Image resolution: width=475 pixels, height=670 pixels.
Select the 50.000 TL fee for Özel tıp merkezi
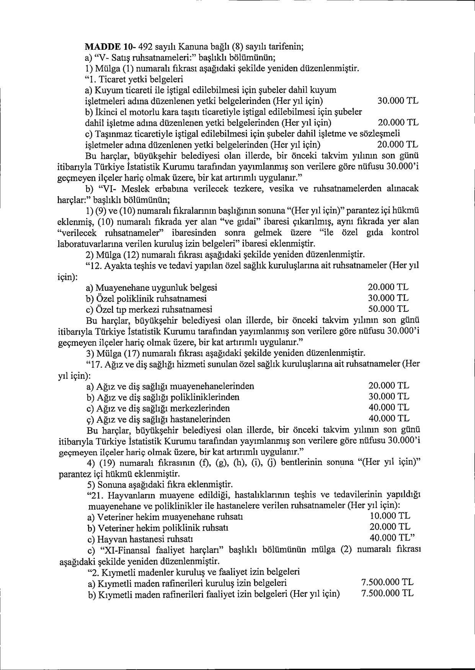pyautogui.click(x=388, y=308)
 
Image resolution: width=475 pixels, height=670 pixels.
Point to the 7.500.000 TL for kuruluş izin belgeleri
pyautogui.click(x=387, y=582)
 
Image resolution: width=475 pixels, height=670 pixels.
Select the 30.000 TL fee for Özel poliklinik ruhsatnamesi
pyautogui.click(x=388, y=298)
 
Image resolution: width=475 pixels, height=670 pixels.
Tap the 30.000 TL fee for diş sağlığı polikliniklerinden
pyautogui.click(x=388, y=396)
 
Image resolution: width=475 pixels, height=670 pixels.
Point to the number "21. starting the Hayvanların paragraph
pyautogui.click(x=96, y=496)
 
